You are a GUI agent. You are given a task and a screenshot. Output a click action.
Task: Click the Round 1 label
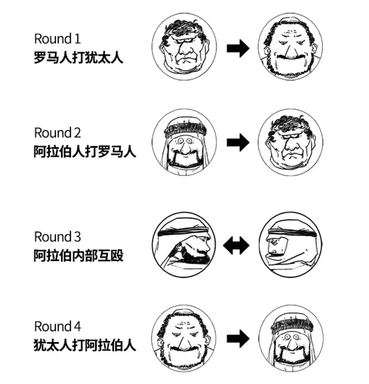pyautogui.click(x=57, y=39)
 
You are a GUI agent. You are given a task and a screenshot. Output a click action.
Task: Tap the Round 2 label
pyautogui.click(x=57, y=132)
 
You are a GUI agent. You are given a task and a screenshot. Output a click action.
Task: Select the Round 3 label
pyautogui.click(x=57, y=237)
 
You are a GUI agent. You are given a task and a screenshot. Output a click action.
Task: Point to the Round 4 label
pyautogui.click(x=57, y=326)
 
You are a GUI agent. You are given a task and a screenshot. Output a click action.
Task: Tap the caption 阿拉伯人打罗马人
pyautogui.click(x=85, y=151)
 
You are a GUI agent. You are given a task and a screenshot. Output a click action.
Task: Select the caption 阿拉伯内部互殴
pyautogui.click(x=78, y=256)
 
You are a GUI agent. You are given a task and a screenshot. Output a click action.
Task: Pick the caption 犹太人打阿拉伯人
pyautogui.click(x=85, y=345)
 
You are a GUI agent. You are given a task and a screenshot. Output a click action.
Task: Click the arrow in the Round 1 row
pyautogui.click(x=238, y=48)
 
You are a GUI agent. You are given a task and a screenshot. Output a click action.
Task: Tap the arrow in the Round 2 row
pyautogui.click(x=238, y=142)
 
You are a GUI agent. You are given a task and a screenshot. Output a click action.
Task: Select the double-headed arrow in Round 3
pyautogui.click(x=236, y=246)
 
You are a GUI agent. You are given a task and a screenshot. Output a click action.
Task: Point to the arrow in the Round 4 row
pyautogui.click(x=238, y=339)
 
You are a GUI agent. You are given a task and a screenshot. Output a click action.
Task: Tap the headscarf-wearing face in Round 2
pyautogui.click(x=184, y=141)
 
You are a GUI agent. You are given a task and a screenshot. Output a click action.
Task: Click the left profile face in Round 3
pyautogui.click(x=184, y=245)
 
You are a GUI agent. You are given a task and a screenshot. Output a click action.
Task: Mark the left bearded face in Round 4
pyautogui.click(x=184, y=338)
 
